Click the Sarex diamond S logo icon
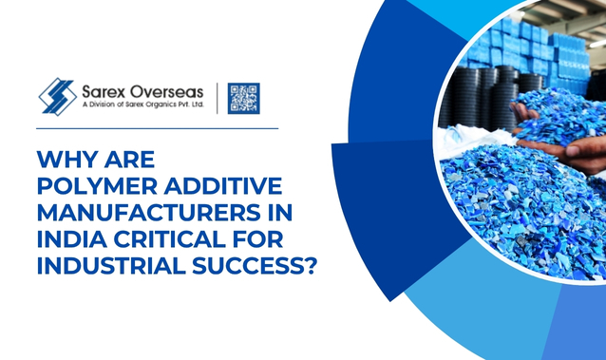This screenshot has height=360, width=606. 58,97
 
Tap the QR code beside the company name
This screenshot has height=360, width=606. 243,98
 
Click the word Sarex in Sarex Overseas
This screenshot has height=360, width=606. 104,91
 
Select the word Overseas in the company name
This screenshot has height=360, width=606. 167,91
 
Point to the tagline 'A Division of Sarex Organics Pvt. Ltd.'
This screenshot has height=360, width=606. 142,104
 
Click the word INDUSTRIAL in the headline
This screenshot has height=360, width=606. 111,266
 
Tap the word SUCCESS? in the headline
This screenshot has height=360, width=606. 253,266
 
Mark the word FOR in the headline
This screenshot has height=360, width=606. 258,239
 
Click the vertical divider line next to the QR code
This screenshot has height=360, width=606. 217,98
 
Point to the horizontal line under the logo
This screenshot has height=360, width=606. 158,128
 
